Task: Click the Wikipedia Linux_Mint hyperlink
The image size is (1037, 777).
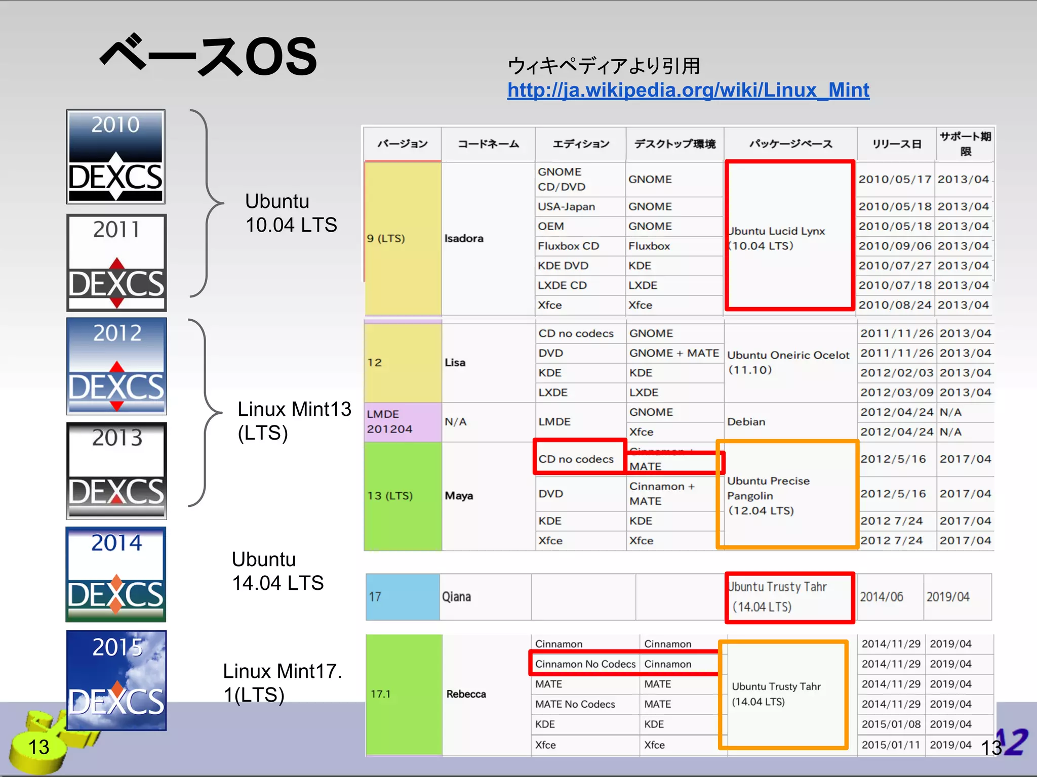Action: [x=688, y=91]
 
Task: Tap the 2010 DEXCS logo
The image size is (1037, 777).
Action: [x=116, y=157]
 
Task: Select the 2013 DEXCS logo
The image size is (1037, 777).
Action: [x=116, y=470]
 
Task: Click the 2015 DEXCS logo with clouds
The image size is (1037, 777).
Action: [x=116, y=680]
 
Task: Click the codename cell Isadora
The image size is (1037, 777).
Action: [x=464, y=238]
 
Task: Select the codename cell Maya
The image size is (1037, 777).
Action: [x=459, y=496]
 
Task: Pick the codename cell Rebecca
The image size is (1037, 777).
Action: [x=466, y=694]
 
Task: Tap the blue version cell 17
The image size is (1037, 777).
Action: [x=402, y=597]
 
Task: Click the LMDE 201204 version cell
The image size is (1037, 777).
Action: [x=402, y=421]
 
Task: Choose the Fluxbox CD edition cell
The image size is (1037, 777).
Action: [x=568, y=246]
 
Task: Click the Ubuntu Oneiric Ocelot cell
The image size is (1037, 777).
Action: [x=788, y=362]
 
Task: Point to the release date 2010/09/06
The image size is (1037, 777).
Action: [x=895, y=246]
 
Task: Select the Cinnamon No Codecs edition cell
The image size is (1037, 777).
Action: [x=585, y=664]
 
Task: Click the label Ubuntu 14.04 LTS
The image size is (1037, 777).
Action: [x=277, y=571]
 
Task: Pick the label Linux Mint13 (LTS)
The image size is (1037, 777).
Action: [x=294, y=421]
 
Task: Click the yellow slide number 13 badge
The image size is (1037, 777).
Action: [x=38, y=747]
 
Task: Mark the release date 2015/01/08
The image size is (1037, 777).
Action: [x=891, y=724]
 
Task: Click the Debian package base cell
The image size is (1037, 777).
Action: [x=746, y=422]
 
